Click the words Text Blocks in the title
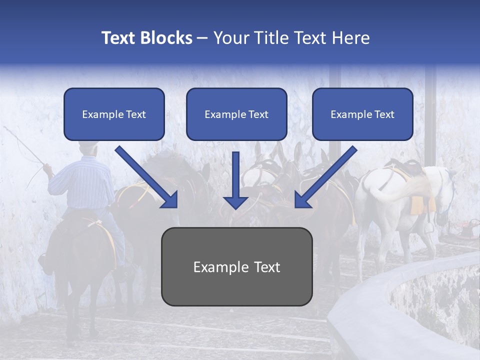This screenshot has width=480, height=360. point(146,38)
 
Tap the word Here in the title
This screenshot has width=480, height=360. point(351,38)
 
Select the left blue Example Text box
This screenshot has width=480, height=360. point(114,114)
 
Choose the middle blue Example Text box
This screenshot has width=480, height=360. point(236,114)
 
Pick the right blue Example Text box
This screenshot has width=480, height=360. point(362,114)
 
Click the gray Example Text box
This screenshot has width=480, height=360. point(236,266)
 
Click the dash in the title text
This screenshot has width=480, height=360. point(202,38)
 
